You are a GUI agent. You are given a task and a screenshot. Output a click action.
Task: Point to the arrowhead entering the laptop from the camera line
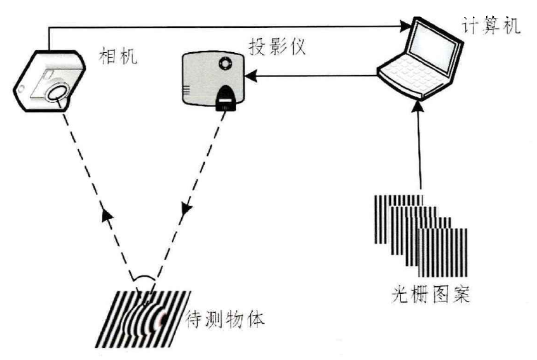(x=404, y=27)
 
